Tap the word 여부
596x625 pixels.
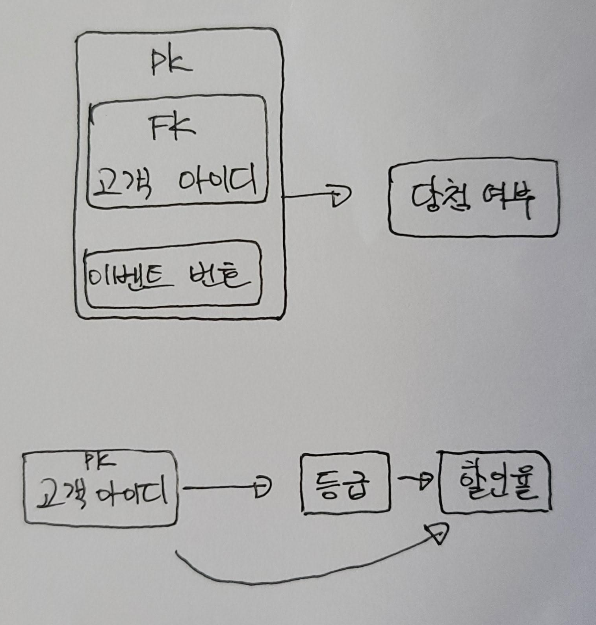click(x=508, y=199)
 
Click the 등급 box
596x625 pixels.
click(x=345, y=484)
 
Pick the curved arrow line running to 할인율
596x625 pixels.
click(x=276, y=579)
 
